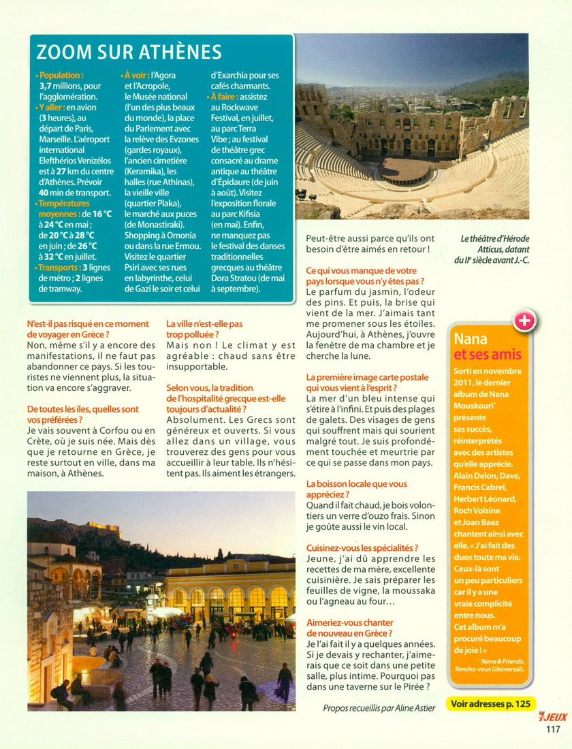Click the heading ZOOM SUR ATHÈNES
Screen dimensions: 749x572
pyautogui.click(x=129, y=52)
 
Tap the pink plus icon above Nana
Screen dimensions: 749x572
pyautogui.click(x=524, y=321)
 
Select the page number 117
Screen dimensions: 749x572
pyautogui.click(x=552, y=729)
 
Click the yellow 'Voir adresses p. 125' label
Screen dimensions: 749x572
pyautogui.click(x=492, y=703)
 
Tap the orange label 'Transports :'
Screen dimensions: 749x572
pyautogui.click(x=59, y=268)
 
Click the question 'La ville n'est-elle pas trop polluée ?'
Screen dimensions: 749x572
pyautogui.click(x=204, y=329)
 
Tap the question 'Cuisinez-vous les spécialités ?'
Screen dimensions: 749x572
pyautogui.click(x=362, y=547)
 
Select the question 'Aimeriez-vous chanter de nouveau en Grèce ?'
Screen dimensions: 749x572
pyautogui.click(x=350, y=628)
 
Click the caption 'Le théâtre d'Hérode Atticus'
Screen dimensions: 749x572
pyautogui.click(x=494, y=243)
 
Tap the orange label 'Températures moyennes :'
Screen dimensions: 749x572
pyautogui.click(x=64, y=208)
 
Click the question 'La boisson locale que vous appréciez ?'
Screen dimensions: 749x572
pyautogui.click(x=357, y=489)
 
